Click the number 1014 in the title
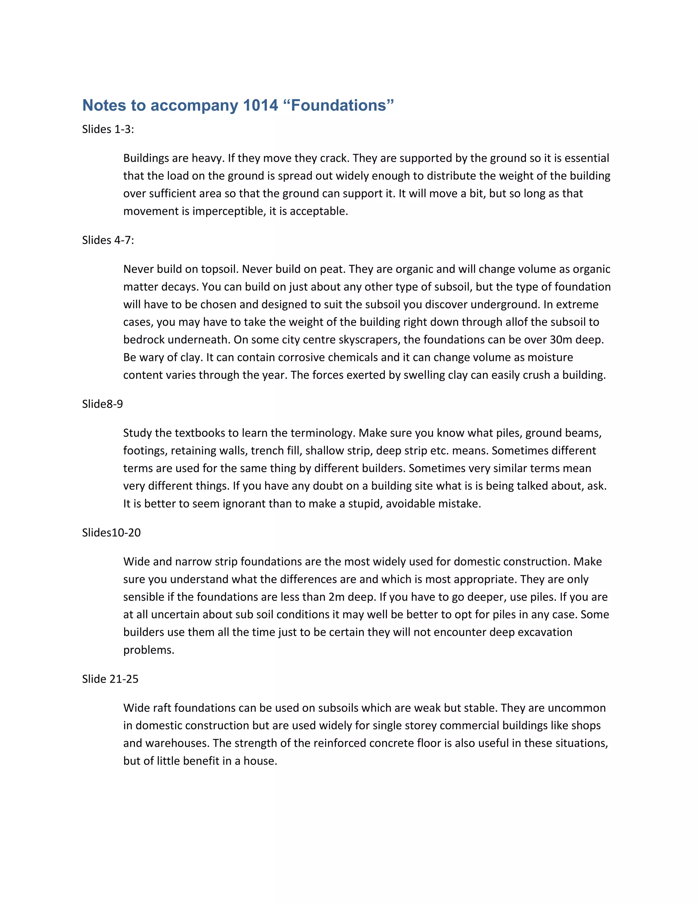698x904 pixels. (x=260, y=105)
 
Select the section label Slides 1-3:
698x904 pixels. (x=108, y=129)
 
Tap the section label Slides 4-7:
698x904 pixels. (x=108, y=240)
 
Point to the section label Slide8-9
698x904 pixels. (x=102, y=404)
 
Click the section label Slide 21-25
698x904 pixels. (x=110, y=679)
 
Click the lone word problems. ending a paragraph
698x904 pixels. (x=149, y=650)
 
